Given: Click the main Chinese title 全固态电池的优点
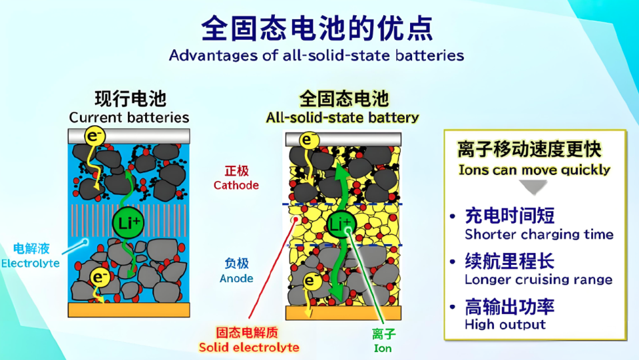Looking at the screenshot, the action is (x=317, y=29).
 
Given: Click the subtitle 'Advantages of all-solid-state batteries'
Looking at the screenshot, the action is (x=317, y=55).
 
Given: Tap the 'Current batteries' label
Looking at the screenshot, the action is (x=129, y=117).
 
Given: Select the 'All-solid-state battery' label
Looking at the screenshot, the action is (x=342, y=118).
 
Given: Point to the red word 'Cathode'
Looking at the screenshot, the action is (x=236, y=185).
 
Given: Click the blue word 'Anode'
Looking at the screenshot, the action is (x=236, y=278).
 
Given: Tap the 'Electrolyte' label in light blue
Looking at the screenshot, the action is (x=31, y=264).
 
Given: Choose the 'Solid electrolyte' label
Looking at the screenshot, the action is (x=249, y=347).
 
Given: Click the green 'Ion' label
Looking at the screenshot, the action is (x=383, y=348).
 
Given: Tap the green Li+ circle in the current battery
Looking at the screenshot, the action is (x=128, y=223).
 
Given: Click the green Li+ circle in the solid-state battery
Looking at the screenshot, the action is (x=341, y=224).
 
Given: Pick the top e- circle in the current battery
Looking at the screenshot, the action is (x=95, y=136).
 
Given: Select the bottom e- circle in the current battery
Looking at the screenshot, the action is (x=99, y=277).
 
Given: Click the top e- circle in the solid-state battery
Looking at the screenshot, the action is (x=309, y=140).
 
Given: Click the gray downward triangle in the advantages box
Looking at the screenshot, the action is (x=534, y=187).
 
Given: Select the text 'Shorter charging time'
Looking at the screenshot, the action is (x=539, y=234).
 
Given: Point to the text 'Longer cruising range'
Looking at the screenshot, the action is (x=538, y=279).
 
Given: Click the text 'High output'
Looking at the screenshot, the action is (x=505, y=324).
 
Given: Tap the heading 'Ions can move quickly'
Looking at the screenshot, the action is (x=534, y=170).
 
